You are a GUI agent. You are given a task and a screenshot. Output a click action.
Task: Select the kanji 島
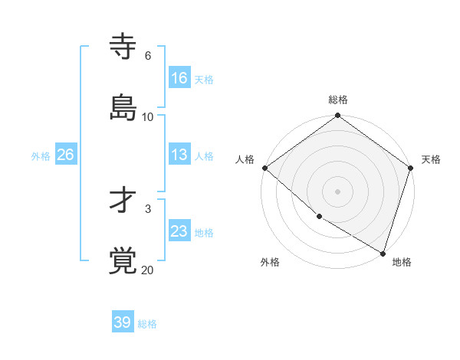click(x=123, y=107)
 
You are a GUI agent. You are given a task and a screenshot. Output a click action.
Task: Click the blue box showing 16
click(x=179, y=78)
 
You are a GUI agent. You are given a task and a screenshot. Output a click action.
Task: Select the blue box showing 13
click(x=179, y=155)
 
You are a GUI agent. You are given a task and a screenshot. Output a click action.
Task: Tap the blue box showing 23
click(x=179, y=232)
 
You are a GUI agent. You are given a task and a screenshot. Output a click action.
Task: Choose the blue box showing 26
click(x=65, y=155)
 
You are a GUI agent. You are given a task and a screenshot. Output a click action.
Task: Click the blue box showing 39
click(x=123, y=322)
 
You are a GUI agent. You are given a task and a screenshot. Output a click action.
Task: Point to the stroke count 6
click(x=148, y=56)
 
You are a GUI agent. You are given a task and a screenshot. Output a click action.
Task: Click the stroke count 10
click(x=148, y=117)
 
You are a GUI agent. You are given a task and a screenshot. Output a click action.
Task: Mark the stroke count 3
click(x=148, y=208)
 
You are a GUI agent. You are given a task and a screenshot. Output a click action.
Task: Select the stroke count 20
click(x=148, y=270)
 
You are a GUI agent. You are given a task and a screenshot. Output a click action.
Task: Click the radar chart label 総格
click(x=338, y=100)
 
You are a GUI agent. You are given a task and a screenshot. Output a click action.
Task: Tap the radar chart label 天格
click(x=431, y=159)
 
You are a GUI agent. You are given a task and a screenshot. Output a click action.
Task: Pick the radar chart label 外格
click(x=270, y=263)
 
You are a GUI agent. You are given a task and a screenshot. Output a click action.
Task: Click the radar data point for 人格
click(x=264, y=168)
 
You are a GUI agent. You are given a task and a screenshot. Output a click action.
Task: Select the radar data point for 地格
click(x=383, y=253)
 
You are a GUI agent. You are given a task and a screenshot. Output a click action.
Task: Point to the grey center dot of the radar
click(x=338, y=191)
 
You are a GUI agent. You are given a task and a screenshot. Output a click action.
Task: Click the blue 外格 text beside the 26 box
click(x=41, y=156)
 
